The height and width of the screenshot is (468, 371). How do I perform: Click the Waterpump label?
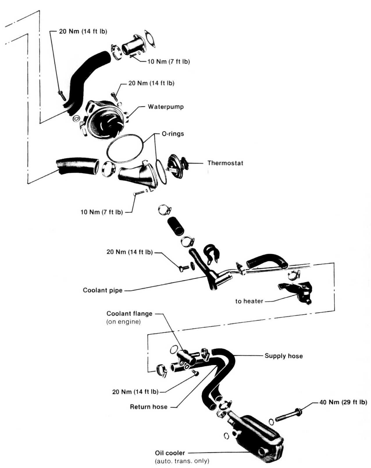tap(165, 107)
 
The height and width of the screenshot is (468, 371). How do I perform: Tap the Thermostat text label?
tap(225, 163)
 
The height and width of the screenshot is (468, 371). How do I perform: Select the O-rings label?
tap(173, 134)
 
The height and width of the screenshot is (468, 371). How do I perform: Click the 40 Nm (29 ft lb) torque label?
tap(343, 402)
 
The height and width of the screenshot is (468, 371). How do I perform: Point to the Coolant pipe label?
tap(102, 290)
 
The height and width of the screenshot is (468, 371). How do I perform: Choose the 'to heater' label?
tap(249, 301)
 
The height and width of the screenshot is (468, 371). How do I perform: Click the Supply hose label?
tap(283, 356)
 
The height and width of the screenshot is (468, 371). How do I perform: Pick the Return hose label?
tap(148, 407)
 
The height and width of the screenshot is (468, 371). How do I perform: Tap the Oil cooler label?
tap(170, 453)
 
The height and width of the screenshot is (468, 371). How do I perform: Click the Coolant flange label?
tap(129, 314)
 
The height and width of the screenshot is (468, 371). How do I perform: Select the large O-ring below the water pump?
tap(125, 148)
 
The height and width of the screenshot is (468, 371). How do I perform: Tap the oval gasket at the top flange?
tap(150, 38)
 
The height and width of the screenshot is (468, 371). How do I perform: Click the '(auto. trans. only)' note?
tap(182, 461)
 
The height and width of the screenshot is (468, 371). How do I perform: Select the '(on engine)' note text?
tap(123, 322)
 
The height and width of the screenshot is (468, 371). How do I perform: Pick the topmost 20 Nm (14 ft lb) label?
tap(83, 31)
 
